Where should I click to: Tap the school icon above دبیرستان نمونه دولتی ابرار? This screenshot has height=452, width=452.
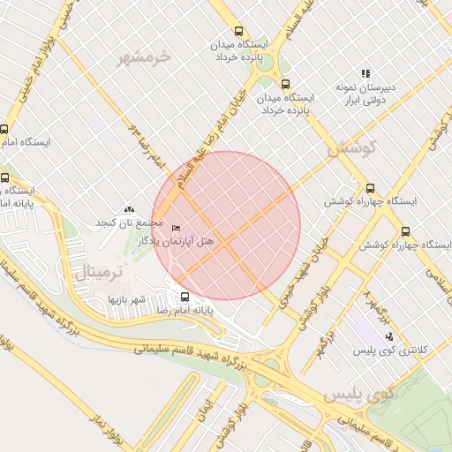(365, 73)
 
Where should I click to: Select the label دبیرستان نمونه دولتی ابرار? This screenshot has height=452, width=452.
(365, 94)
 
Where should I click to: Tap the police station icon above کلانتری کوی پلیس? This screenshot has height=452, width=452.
(390, 336)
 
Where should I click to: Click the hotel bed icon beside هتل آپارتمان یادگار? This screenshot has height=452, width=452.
(176, 228)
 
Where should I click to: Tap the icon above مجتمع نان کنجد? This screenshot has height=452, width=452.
(130, 210)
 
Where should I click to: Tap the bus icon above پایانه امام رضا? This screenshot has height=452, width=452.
(185, 298)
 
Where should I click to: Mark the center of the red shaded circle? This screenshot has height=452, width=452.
(226, 225)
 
